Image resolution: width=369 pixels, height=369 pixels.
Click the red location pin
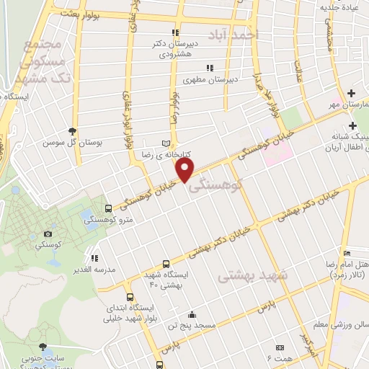pos(186,169)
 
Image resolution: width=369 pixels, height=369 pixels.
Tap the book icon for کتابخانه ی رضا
pos(168,143)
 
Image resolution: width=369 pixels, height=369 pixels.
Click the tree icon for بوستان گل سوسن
pos(72,130)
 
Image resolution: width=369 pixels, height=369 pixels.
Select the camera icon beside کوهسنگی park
pos(48,234)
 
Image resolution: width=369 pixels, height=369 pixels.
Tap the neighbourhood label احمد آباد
pos(233,34)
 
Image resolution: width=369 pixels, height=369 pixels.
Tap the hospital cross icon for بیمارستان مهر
pos(351,93)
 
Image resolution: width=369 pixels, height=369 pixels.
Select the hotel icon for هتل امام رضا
pos(347,254)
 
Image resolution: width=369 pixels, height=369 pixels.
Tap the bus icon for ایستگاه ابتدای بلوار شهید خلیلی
pos(130,296)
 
